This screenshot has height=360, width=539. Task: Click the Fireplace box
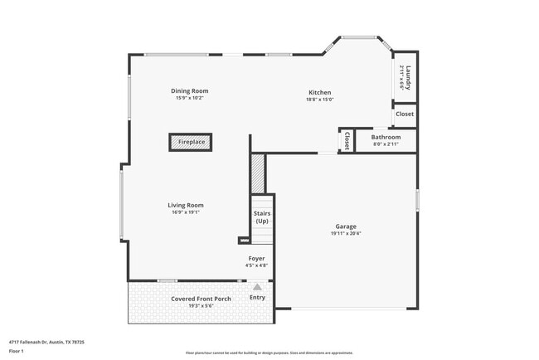[x=191, y=142]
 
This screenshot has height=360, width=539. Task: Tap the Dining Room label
[x=189, y=90]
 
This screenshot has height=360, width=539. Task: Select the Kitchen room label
[x=320, y=92]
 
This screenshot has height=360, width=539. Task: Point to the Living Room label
[x=186, y=205]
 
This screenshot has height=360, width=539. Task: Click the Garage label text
[x=346, y=226]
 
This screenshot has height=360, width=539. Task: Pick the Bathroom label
[x=386, y=137]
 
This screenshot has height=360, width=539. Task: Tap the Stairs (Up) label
[x=262, y=217]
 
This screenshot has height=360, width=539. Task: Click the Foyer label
[x=257, y=259]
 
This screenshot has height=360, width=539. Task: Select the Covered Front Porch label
[x=201, y=299]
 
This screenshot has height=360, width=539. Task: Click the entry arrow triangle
[x=257, y=287]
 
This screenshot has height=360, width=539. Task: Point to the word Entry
[x=257, y=298]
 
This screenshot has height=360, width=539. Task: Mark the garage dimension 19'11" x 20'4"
[x=346, y=233]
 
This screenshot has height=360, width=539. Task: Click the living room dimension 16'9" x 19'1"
[x=186, y=212]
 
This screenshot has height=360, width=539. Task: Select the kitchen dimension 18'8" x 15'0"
[x=320, y=100]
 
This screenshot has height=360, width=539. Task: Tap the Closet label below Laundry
[x=405, y=114]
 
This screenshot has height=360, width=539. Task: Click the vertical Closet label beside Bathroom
[x=347, y=140]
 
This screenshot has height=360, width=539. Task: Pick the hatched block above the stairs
[x=258, y=173]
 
